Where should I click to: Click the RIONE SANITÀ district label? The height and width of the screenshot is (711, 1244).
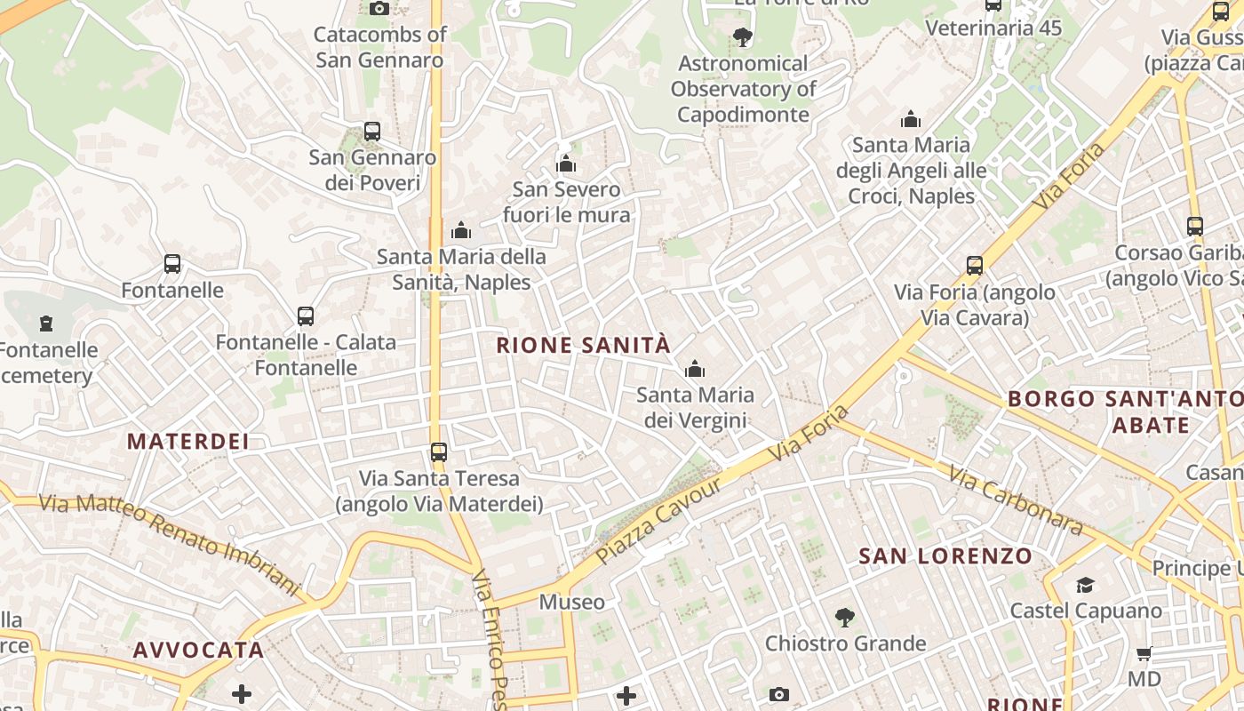(x=583, y=346)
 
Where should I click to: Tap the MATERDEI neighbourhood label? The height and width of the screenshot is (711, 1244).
(x=187, y=441)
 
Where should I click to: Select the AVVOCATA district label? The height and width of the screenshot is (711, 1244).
(x=198, y=650)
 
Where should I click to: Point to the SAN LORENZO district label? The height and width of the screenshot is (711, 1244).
(x=945, y=557)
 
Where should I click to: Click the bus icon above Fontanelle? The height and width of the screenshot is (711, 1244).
(x=172, y=264)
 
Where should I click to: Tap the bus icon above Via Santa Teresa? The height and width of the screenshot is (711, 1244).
(x=438, y=451)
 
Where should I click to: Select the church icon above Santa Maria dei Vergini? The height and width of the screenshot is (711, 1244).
(x=694, y=368)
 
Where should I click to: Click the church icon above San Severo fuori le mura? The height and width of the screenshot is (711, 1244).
(x=566, y=164)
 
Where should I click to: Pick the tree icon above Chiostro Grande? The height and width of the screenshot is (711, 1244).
(x=844, y=617)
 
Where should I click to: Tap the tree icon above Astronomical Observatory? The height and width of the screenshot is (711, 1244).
(x=742, y=37)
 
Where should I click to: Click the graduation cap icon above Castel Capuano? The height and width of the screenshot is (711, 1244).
(x=1085, y=585)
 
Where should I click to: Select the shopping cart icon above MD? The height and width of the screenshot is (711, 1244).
(x=1144, y=653)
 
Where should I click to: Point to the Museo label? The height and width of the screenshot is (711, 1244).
(x=572, y=603)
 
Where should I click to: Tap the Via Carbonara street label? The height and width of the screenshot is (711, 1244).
(x=1016, y=500)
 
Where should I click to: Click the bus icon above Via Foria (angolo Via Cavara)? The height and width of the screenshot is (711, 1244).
(x=975, y=265)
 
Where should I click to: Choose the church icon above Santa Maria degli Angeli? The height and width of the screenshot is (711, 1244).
(x=910, y=119)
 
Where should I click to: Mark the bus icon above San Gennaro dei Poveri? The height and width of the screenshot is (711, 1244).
(x=372, y=132)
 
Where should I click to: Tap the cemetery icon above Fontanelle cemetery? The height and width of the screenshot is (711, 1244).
(x=46, y=324)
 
